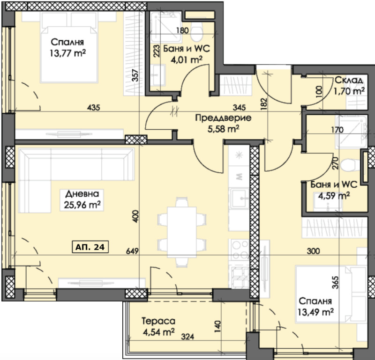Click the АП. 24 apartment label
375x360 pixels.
click(90, 247)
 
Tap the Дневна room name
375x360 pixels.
click(82, 194)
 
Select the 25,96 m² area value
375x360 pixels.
click(82, 205)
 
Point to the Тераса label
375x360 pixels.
click(158, 321)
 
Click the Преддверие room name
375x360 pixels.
click(223, 118)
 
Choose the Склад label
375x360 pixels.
click(349, 80)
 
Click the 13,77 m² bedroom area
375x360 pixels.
click(67, 53)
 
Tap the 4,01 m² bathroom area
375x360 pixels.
click(187, 59)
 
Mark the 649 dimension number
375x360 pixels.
click(132, 251)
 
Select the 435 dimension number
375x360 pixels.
click(93, 108)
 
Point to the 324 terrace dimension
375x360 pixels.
click(187, 337)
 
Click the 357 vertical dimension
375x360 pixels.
click(135, 75)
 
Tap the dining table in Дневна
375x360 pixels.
click(182, 232)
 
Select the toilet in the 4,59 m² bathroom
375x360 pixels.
click(350, 165)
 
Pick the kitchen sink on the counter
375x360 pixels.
click(239, 198)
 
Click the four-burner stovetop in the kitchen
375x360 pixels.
click(240, 250)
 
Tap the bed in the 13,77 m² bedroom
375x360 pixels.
click(69, 48)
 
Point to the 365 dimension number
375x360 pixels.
click(336, 283)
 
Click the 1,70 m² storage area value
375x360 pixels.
click(349, 91)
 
